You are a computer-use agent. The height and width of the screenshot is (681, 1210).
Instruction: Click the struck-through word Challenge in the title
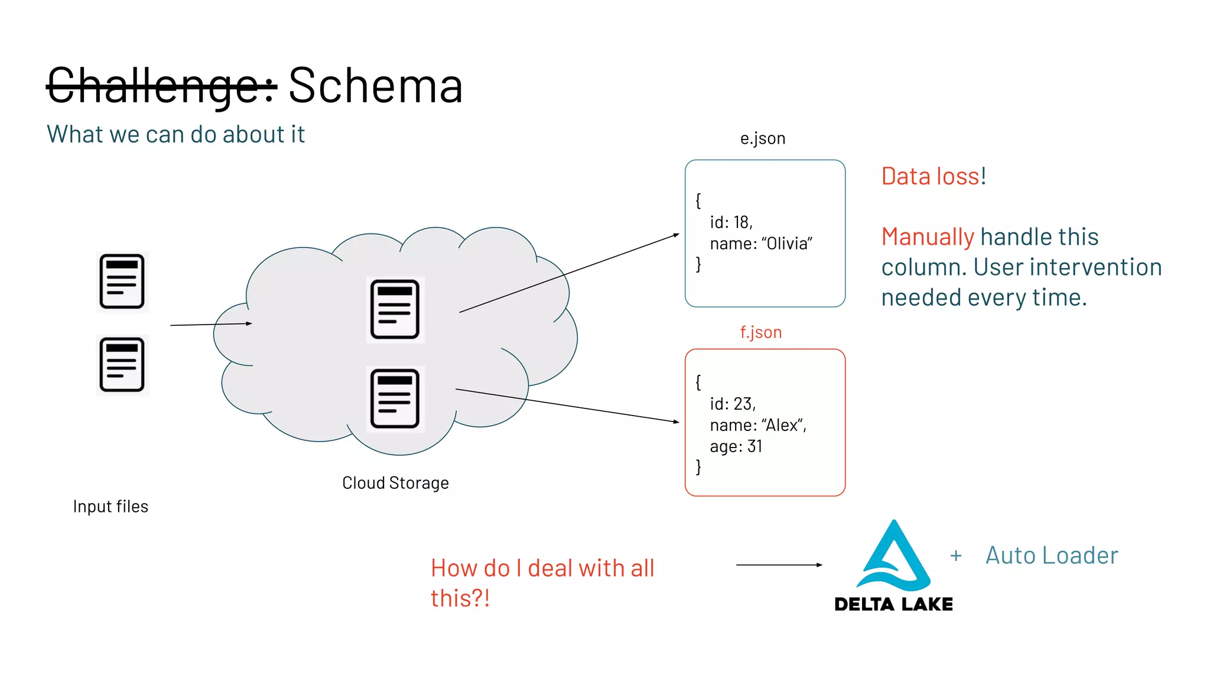coord(161,86)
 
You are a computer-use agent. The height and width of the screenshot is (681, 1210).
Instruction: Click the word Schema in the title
coord(375,86)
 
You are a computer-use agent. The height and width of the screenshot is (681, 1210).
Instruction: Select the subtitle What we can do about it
coord(175,135)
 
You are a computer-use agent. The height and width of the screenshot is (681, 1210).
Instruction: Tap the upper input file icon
coord(122,281)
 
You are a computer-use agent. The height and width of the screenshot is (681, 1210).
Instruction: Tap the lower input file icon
coord(122,365)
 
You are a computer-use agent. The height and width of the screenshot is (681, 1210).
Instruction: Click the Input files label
coord(110,507)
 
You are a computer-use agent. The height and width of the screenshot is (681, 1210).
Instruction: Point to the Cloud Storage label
coord(395,483)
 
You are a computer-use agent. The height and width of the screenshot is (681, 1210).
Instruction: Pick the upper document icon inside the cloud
coord(395,309)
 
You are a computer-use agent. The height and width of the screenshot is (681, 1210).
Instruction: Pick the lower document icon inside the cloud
coord(395,399)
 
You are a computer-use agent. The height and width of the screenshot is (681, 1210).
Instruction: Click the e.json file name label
coord(762,138)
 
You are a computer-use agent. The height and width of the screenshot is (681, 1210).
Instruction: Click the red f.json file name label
coord(760,332)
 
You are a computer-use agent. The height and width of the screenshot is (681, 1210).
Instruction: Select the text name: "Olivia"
coord(761,244)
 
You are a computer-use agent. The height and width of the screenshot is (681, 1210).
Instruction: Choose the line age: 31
coord(736,446)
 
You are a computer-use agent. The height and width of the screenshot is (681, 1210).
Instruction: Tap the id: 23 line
coord(733,404)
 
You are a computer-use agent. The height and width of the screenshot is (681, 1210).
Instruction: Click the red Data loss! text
coord(933,176)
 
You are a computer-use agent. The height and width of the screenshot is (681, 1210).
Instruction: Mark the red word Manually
coord(927,237)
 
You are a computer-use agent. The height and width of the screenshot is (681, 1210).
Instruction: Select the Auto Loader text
coord(1052,556)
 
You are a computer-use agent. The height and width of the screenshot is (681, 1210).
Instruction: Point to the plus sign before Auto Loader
coord(956,556)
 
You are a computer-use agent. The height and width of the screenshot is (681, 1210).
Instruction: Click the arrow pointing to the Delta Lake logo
coord(779,565)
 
